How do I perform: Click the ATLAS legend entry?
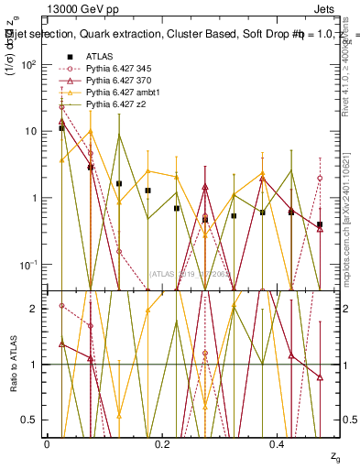tap(99, 57)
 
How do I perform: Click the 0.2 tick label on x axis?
tap(162, 444)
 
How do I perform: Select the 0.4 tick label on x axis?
tap(278, 444)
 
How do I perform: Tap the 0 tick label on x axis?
tap(47, 444)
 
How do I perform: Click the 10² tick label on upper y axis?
tap(28, 65)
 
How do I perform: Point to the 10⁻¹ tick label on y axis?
tap(28, 265)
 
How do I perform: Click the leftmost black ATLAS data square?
tap(61, 128)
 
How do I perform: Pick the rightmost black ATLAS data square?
tap(320, 224)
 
